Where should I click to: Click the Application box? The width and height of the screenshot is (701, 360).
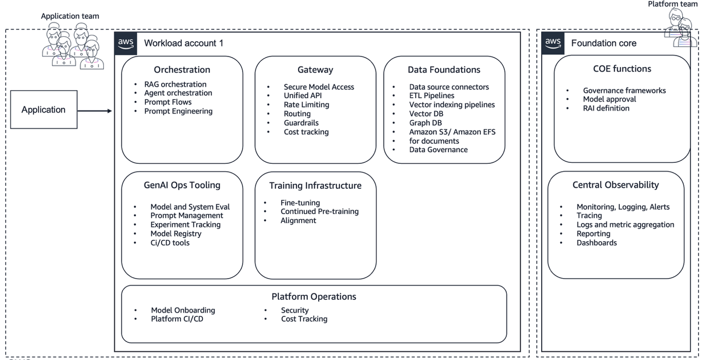click(44, 110)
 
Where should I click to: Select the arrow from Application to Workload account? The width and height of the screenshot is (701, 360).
click(95, 111)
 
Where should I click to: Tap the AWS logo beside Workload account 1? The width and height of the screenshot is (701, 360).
click(126, 43)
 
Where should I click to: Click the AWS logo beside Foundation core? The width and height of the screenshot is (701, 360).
click(553, 43)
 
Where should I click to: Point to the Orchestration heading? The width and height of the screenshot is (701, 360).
click(182, 70)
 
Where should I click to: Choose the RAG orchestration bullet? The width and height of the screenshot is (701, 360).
click(175, 84)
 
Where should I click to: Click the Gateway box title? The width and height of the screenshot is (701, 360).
click(315, 70)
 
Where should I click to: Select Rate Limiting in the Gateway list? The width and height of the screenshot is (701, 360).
click(306, 104)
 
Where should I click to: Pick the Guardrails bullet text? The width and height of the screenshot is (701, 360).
click(301, 123)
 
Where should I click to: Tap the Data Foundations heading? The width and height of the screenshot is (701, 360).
click(444, 70)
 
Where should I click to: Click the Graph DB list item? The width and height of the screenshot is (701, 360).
click(426, 123)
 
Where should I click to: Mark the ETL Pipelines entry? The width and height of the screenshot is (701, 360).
click(431, 96)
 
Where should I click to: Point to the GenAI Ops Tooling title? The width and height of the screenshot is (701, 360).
click(182, 185)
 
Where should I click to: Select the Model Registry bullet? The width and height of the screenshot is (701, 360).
click(175, 233)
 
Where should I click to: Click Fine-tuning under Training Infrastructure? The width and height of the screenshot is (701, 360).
click(300, 203)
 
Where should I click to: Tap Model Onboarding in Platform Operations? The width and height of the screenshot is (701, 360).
click(183, 310)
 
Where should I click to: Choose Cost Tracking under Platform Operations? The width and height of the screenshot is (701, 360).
click(304, 319)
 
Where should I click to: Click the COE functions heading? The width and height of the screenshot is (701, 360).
click(622, 69)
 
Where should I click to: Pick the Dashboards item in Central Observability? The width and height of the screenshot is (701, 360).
click(597, 243)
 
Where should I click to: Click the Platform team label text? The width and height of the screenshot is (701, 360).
click(673, 4)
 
